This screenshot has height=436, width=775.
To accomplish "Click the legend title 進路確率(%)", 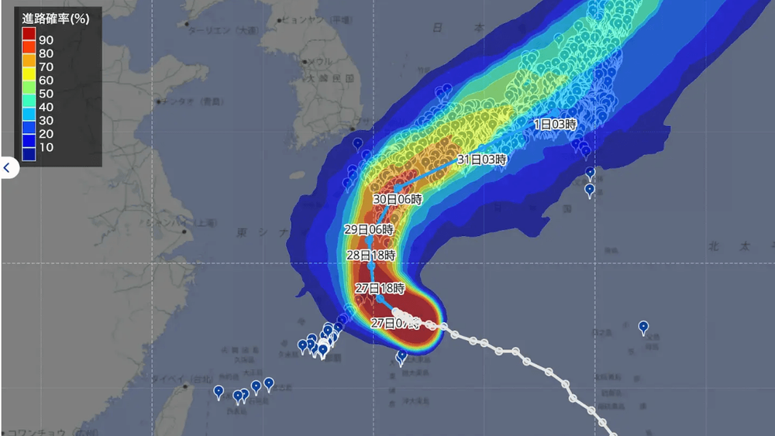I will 55,19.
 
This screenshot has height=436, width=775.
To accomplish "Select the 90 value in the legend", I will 46,39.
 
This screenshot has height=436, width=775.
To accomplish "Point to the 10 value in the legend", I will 46,147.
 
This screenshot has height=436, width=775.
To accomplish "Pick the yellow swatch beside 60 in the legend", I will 29,80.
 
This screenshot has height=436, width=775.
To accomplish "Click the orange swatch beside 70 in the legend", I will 29,66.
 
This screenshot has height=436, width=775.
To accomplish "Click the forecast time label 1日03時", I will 556,124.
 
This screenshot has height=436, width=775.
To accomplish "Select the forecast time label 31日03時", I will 481,160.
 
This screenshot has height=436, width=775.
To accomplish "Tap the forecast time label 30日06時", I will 398,199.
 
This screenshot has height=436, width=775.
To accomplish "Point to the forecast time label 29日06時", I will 369,230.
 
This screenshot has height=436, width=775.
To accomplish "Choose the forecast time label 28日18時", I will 370,255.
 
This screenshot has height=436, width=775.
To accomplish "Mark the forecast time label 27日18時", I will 380,288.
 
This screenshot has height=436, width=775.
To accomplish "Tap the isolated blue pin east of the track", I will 643,327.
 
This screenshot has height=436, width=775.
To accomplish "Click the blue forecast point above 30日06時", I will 398,188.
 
